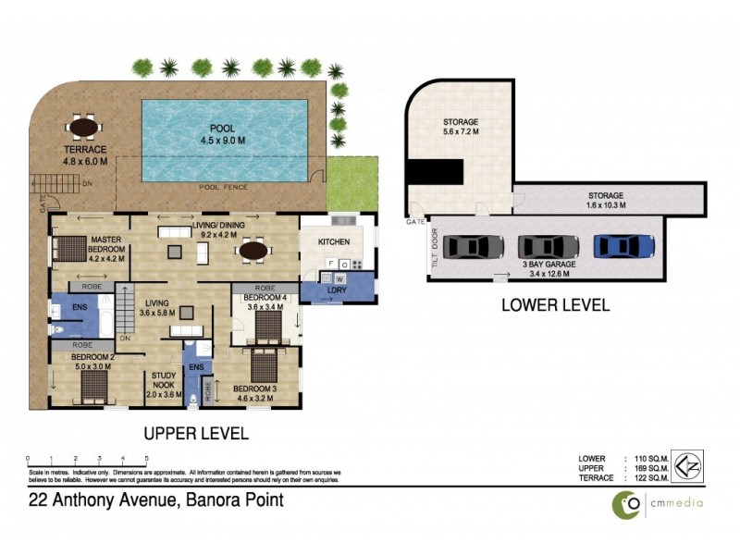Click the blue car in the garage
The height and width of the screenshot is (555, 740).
(623, 247)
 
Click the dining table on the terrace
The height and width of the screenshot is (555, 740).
(85, 126)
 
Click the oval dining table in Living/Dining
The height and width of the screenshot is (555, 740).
(254, 250)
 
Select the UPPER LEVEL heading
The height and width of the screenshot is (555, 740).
(195, 432)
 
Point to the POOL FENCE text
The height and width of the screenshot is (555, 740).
(223, 187)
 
